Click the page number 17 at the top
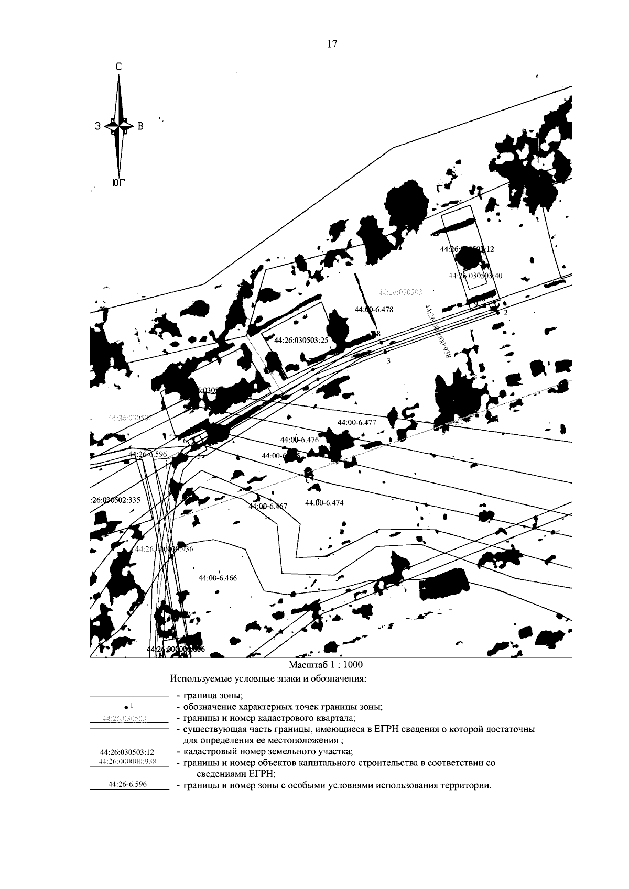pos(332,45)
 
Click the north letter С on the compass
pos(119,67)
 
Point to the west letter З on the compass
pos(98,126)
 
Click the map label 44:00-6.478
pos(374,309)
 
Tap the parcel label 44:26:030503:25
pos(301,339)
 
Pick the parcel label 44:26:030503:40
pos(475,276)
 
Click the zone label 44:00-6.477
pos(356,422)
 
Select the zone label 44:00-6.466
pos(218,578)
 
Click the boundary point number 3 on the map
pos(388,361)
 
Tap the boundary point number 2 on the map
pos(505,313)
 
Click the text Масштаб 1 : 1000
pos(326,664)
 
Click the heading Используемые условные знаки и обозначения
pos(267,679)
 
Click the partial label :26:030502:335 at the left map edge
pos(115,500)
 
